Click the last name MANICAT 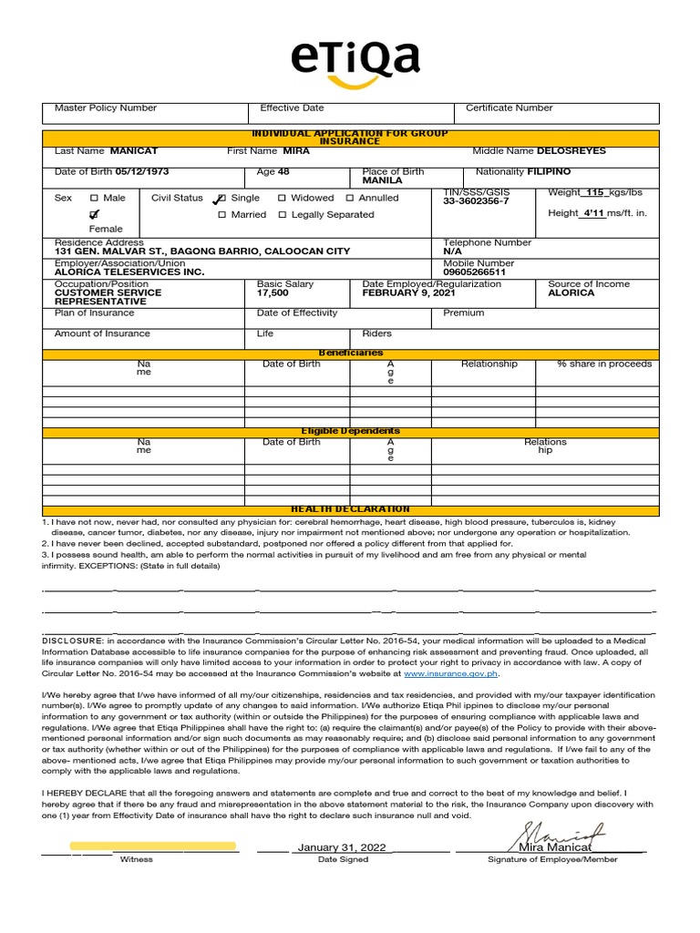(136, 150)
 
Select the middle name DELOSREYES (571, 150)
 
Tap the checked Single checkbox (220, 199)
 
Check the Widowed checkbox (282, 198)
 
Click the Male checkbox (94, 198)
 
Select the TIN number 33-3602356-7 (476, 201)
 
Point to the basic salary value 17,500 (273, 292)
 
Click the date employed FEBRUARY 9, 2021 (407, 292)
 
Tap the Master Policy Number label (106, 108)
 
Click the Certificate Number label (509, 108)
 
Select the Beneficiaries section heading (351, 353)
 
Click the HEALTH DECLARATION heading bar (351, 509)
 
